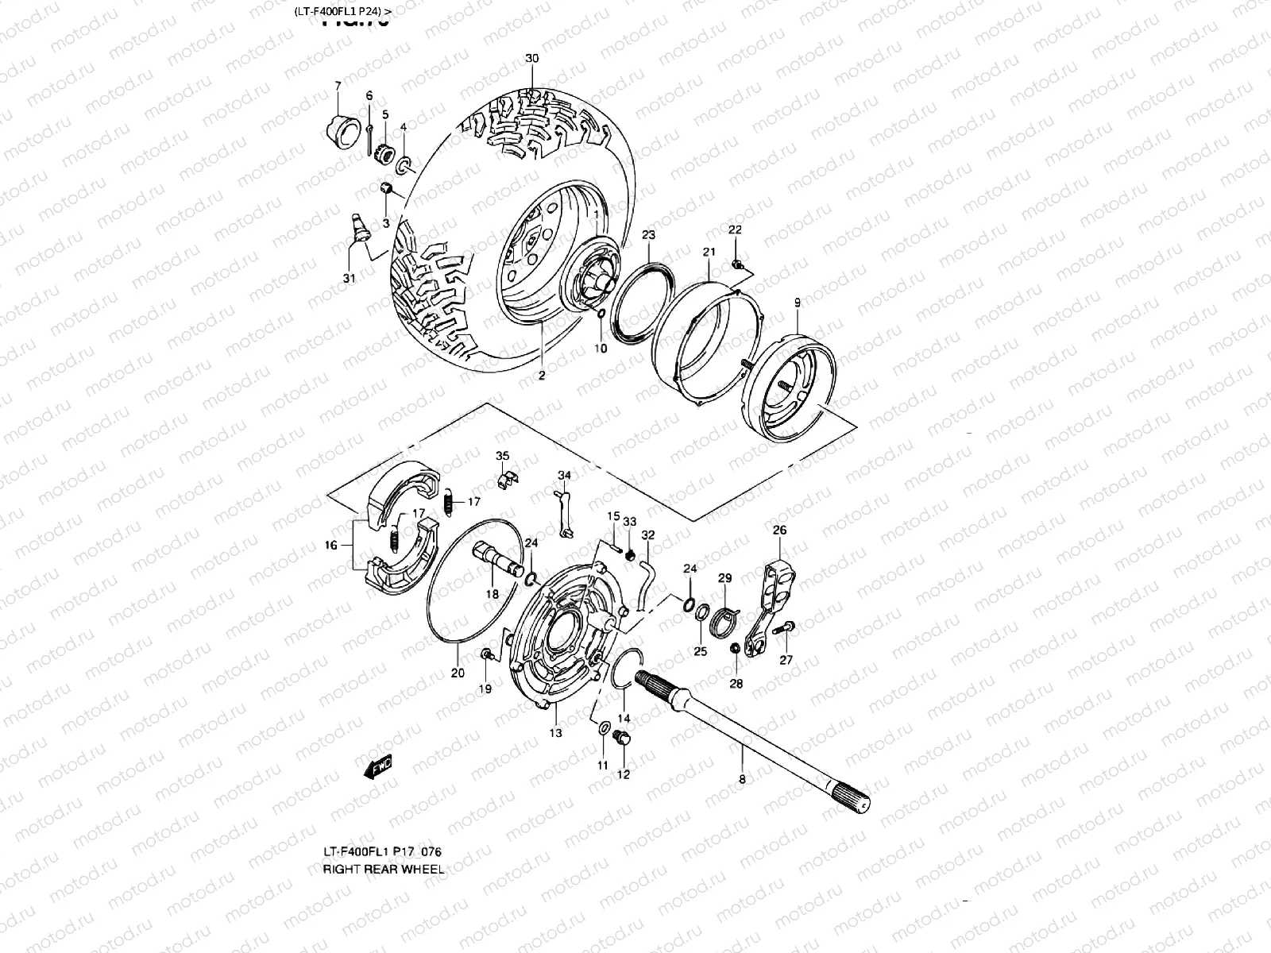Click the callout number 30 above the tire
[x=531, y=59]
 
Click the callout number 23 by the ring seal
[x=648, y=235]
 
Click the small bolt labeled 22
[x=736, y=264]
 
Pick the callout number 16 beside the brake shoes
[x=331, y=545]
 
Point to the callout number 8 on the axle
[x=742, y=779]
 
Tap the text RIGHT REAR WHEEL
[x=383, y=869]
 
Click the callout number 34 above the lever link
[x=563, y=476]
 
